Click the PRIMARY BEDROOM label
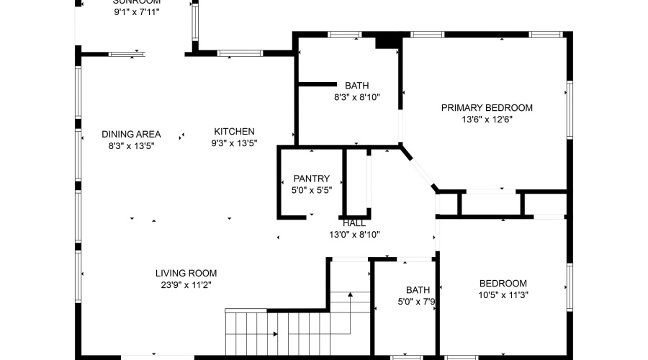click(x=487, y=108)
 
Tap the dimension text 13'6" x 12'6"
click(x=487, y=120)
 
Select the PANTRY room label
click(x=311, y=179)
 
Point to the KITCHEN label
click(x=234, y=131)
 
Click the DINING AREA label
click(x=131, y=134)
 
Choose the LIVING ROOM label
click(x=186, y=273)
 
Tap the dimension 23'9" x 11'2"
click(x=186, y=284)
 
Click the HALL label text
click(x=354, y=223)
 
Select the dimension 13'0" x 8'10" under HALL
click(x=354, y=234)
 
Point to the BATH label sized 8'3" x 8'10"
click(x=356, y=85)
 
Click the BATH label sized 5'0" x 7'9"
click(x=418, y=290)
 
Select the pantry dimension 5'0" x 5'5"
click(x=311, y=191)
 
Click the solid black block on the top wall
click(x=387, y=41)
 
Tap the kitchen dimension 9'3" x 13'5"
click(x=234, y=143)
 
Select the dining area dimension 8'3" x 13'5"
click(x=131, y=145)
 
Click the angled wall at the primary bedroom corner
click(x=420, y=169)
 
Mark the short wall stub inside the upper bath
click(x=318, y=84)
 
